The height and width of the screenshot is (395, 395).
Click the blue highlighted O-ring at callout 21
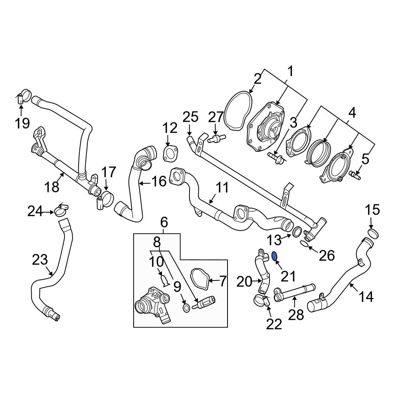275,256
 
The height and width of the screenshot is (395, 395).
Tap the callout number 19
23,123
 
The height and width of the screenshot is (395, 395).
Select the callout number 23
40,260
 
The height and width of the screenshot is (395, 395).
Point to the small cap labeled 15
372,232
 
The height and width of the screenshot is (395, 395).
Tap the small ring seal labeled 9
186,307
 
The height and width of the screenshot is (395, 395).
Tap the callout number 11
223,187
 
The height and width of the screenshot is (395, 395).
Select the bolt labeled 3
275,158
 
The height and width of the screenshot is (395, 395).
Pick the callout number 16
159,182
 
